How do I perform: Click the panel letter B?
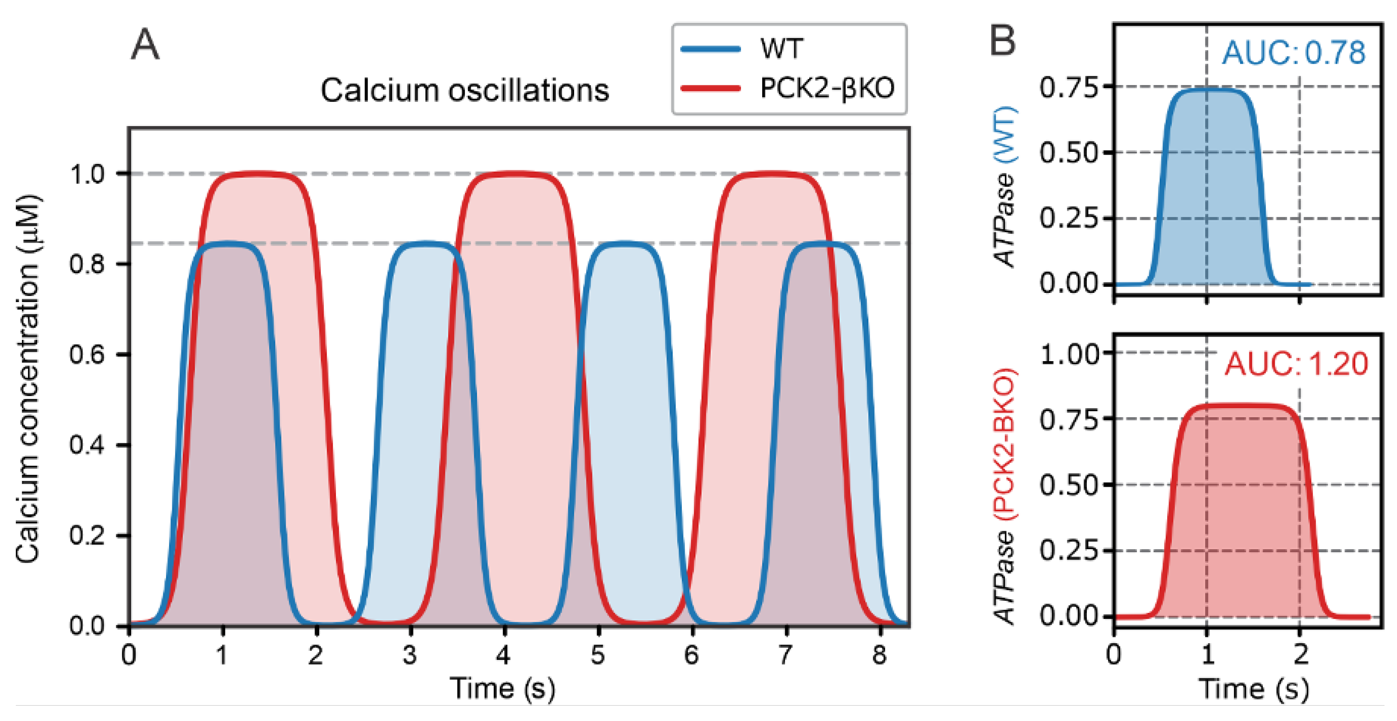coord(1002,41)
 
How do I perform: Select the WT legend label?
coord(781,48)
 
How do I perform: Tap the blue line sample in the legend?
coord(711,49)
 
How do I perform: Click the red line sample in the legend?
coord(711,88)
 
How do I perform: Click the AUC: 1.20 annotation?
coord(1296,364)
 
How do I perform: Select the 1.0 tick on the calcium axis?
coord(87,174)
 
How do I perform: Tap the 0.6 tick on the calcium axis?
coord(87,354)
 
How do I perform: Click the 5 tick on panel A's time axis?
coord(598,655)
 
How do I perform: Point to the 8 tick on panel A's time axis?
coord(879,655)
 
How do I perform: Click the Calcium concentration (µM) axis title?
coord(27,378)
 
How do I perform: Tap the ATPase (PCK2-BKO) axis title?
coord(1005,496)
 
